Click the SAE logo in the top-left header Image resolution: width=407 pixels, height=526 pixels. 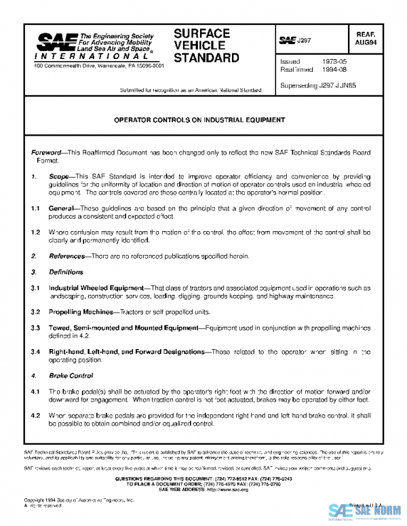(52, 44)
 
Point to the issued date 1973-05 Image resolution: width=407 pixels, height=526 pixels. (327, 61)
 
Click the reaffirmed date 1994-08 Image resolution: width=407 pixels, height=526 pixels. (327, 69)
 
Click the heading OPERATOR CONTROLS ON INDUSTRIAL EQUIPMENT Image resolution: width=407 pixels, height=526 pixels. (199, 120)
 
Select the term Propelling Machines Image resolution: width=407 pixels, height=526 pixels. (81, 312)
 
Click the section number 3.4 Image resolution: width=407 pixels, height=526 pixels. (36, 352)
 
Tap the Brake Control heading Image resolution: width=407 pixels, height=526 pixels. (71, 375)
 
